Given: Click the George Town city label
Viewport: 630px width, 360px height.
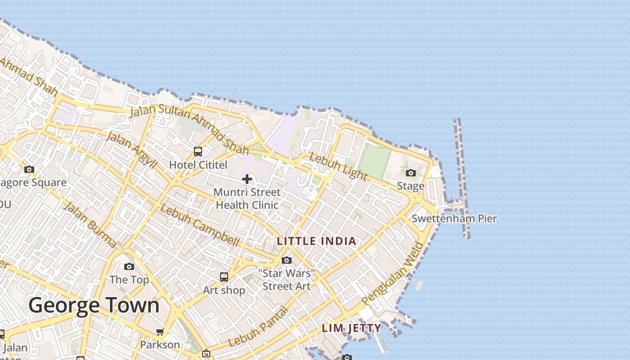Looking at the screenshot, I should click(94, 306).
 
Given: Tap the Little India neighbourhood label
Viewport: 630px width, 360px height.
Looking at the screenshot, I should click(316, 241).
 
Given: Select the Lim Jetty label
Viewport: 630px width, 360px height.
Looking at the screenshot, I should click(351, 328).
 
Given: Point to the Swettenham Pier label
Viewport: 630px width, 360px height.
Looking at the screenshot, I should click(454, 219).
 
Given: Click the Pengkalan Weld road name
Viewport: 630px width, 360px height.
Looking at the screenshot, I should click(393, 274).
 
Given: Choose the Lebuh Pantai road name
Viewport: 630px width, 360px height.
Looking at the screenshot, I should click(258, 327).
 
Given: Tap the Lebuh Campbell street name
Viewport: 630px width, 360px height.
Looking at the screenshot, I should click(200, 225).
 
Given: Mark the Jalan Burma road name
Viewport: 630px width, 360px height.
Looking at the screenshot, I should click(90, 225).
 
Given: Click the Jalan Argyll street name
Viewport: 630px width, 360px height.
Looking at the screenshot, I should click(131, 149).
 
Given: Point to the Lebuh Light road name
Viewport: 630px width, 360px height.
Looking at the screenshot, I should click(339, 166).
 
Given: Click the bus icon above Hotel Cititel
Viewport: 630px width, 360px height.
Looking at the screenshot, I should click(198, 152).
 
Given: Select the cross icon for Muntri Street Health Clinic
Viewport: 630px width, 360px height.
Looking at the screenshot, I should click(247, 179).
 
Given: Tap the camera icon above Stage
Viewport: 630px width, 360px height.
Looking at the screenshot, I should click(410, 173).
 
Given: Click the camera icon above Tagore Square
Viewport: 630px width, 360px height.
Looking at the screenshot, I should click(29, 170).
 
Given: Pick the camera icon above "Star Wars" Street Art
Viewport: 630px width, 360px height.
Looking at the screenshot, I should click(286, 260).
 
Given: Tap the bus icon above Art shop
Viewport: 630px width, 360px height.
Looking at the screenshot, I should click(224, 277).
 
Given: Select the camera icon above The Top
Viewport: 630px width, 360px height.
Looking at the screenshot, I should click(129, 266).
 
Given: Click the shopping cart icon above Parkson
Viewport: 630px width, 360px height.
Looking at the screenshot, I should click(160, 332).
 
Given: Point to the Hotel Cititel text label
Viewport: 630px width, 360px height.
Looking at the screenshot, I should click(198, 165).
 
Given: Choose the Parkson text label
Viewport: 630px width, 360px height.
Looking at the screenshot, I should click(160, 345).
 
